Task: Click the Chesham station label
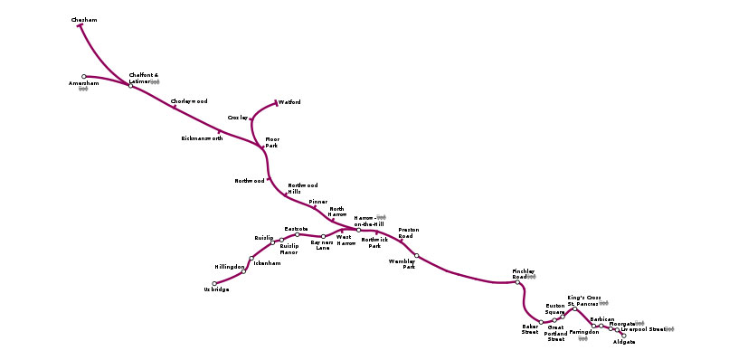(84, 19)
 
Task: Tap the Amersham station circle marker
(84, 77)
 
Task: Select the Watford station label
(289, 102)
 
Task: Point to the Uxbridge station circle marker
(214, 284)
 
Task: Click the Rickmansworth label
(202, 138)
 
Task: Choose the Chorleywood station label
(189, 100)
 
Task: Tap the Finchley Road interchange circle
(518, 282)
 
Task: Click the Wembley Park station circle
(417, 255)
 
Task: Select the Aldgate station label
(624, 343)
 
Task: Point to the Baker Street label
(530, 329)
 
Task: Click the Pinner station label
(318, 202)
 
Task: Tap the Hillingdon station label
(230, 268)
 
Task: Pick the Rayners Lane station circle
(323, 236)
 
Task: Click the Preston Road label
(408, 233)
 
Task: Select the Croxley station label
(238, 118)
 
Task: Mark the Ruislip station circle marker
(272, 242)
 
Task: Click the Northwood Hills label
(303, 188)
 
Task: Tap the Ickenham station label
(267, 262)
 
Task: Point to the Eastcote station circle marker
(297, 235)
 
